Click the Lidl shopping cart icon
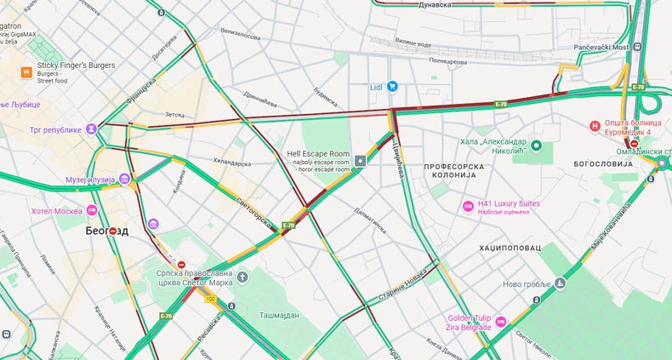pos(392,86)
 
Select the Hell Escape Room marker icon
pos(362,160)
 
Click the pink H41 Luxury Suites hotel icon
pos(467,206)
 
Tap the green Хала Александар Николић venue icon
pos(538,146)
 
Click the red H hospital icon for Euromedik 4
pos(595,127)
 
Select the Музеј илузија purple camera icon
pos(125,179)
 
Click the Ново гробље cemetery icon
pos(560,283)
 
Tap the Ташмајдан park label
pos(280,315)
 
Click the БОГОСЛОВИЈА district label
pos(605,163)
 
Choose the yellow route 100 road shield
pos(209,300)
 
